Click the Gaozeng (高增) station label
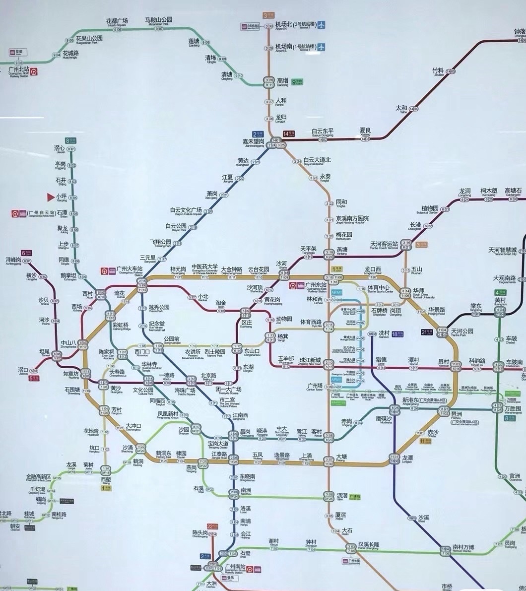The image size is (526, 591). click(283, 80)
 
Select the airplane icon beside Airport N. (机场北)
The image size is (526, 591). click(322, 24)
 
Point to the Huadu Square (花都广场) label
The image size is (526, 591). click(117, 21)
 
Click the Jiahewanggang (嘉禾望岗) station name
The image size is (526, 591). click(253, 142)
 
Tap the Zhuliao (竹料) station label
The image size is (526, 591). click(438, 70)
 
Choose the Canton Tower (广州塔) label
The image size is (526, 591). click(315, 386)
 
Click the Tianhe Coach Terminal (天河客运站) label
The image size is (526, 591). click(384, 244)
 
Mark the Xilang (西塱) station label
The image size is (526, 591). click(106, 479)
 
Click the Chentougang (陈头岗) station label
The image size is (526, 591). click(200, 532)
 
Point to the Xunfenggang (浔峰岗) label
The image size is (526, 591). click(13, 260)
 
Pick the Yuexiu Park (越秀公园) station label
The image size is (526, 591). click(159, 307)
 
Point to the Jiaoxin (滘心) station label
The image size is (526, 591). click(60, 148)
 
